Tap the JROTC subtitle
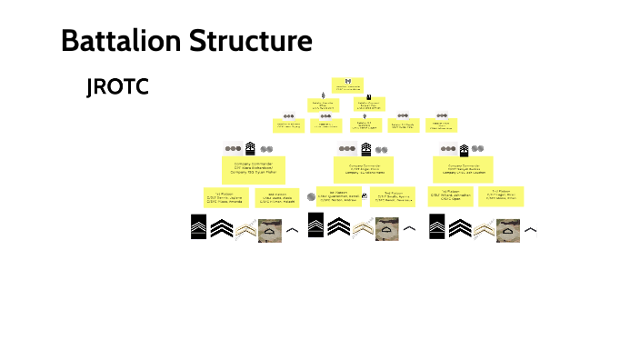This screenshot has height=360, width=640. (116, 87)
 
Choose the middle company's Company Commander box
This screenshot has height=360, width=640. (366, 168)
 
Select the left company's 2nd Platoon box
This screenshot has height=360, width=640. (277, 196)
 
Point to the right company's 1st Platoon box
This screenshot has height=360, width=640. (450, 195)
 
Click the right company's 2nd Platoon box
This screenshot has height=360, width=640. (503, 195)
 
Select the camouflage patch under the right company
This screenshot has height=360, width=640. (508, 227)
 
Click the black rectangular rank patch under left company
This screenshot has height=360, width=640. (198, 225)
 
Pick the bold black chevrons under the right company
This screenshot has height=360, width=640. (460, 225)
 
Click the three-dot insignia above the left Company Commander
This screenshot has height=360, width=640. (233, 149)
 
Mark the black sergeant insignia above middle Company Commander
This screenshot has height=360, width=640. (367, 148)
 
